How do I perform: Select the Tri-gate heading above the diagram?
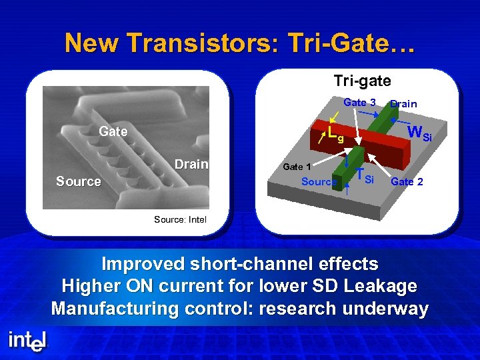coord(362,81)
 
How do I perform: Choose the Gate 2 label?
coord(407,181)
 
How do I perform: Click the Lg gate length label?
coord(335,135)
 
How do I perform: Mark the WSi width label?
coord(419,133)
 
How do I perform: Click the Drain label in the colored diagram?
coord(403,103)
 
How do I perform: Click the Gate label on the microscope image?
coord(113,131)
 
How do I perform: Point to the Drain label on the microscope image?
coord(191,164)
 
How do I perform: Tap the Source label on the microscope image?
coord(79,181)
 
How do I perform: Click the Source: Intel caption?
coord(180,219)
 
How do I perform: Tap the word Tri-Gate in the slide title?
coord(351,43)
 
